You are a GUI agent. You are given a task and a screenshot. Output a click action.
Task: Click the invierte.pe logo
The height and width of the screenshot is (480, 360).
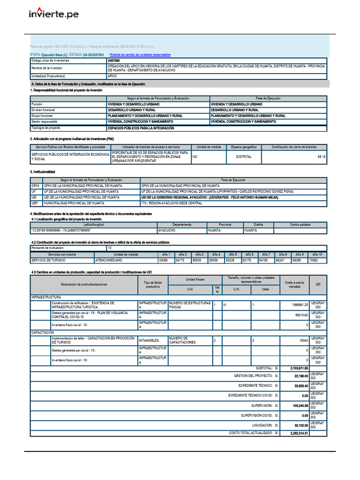(x=53, y=15)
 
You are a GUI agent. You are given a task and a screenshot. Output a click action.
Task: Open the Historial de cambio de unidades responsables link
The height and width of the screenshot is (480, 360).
(x=140, y=55)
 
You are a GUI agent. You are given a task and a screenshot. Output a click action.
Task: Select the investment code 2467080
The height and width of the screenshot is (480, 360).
(x=113, y=61)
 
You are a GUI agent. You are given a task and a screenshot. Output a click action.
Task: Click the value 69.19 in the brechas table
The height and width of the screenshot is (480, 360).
(x=321, y=157)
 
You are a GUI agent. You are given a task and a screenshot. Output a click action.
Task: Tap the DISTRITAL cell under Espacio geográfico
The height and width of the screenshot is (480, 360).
(x=243, y=157)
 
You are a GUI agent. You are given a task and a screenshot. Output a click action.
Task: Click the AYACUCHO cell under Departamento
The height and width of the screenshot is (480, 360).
(x=167, y=231)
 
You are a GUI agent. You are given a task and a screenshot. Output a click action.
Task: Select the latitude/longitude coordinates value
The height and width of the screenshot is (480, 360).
(x=61, y=231)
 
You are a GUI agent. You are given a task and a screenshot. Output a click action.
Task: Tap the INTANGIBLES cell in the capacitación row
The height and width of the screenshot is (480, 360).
(x=149, y=340)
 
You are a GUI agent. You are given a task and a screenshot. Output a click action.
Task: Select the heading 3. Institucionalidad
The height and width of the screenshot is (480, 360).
(x=43, y=172)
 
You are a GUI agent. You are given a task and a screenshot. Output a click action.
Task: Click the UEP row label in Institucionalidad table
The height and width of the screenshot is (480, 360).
(x=34, y=203)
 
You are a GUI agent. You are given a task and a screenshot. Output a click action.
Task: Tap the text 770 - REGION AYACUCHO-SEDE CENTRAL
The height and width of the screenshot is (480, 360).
(x=171, y=203)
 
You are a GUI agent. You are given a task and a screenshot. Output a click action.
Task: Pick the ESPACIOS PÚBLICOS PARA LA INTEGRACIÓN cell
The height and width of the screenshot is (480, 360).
(x=141, y=128)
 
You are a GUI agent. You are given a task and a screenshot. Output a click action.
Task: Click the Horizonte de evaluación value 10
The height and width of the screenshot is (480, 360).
(x=110, y=247)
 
